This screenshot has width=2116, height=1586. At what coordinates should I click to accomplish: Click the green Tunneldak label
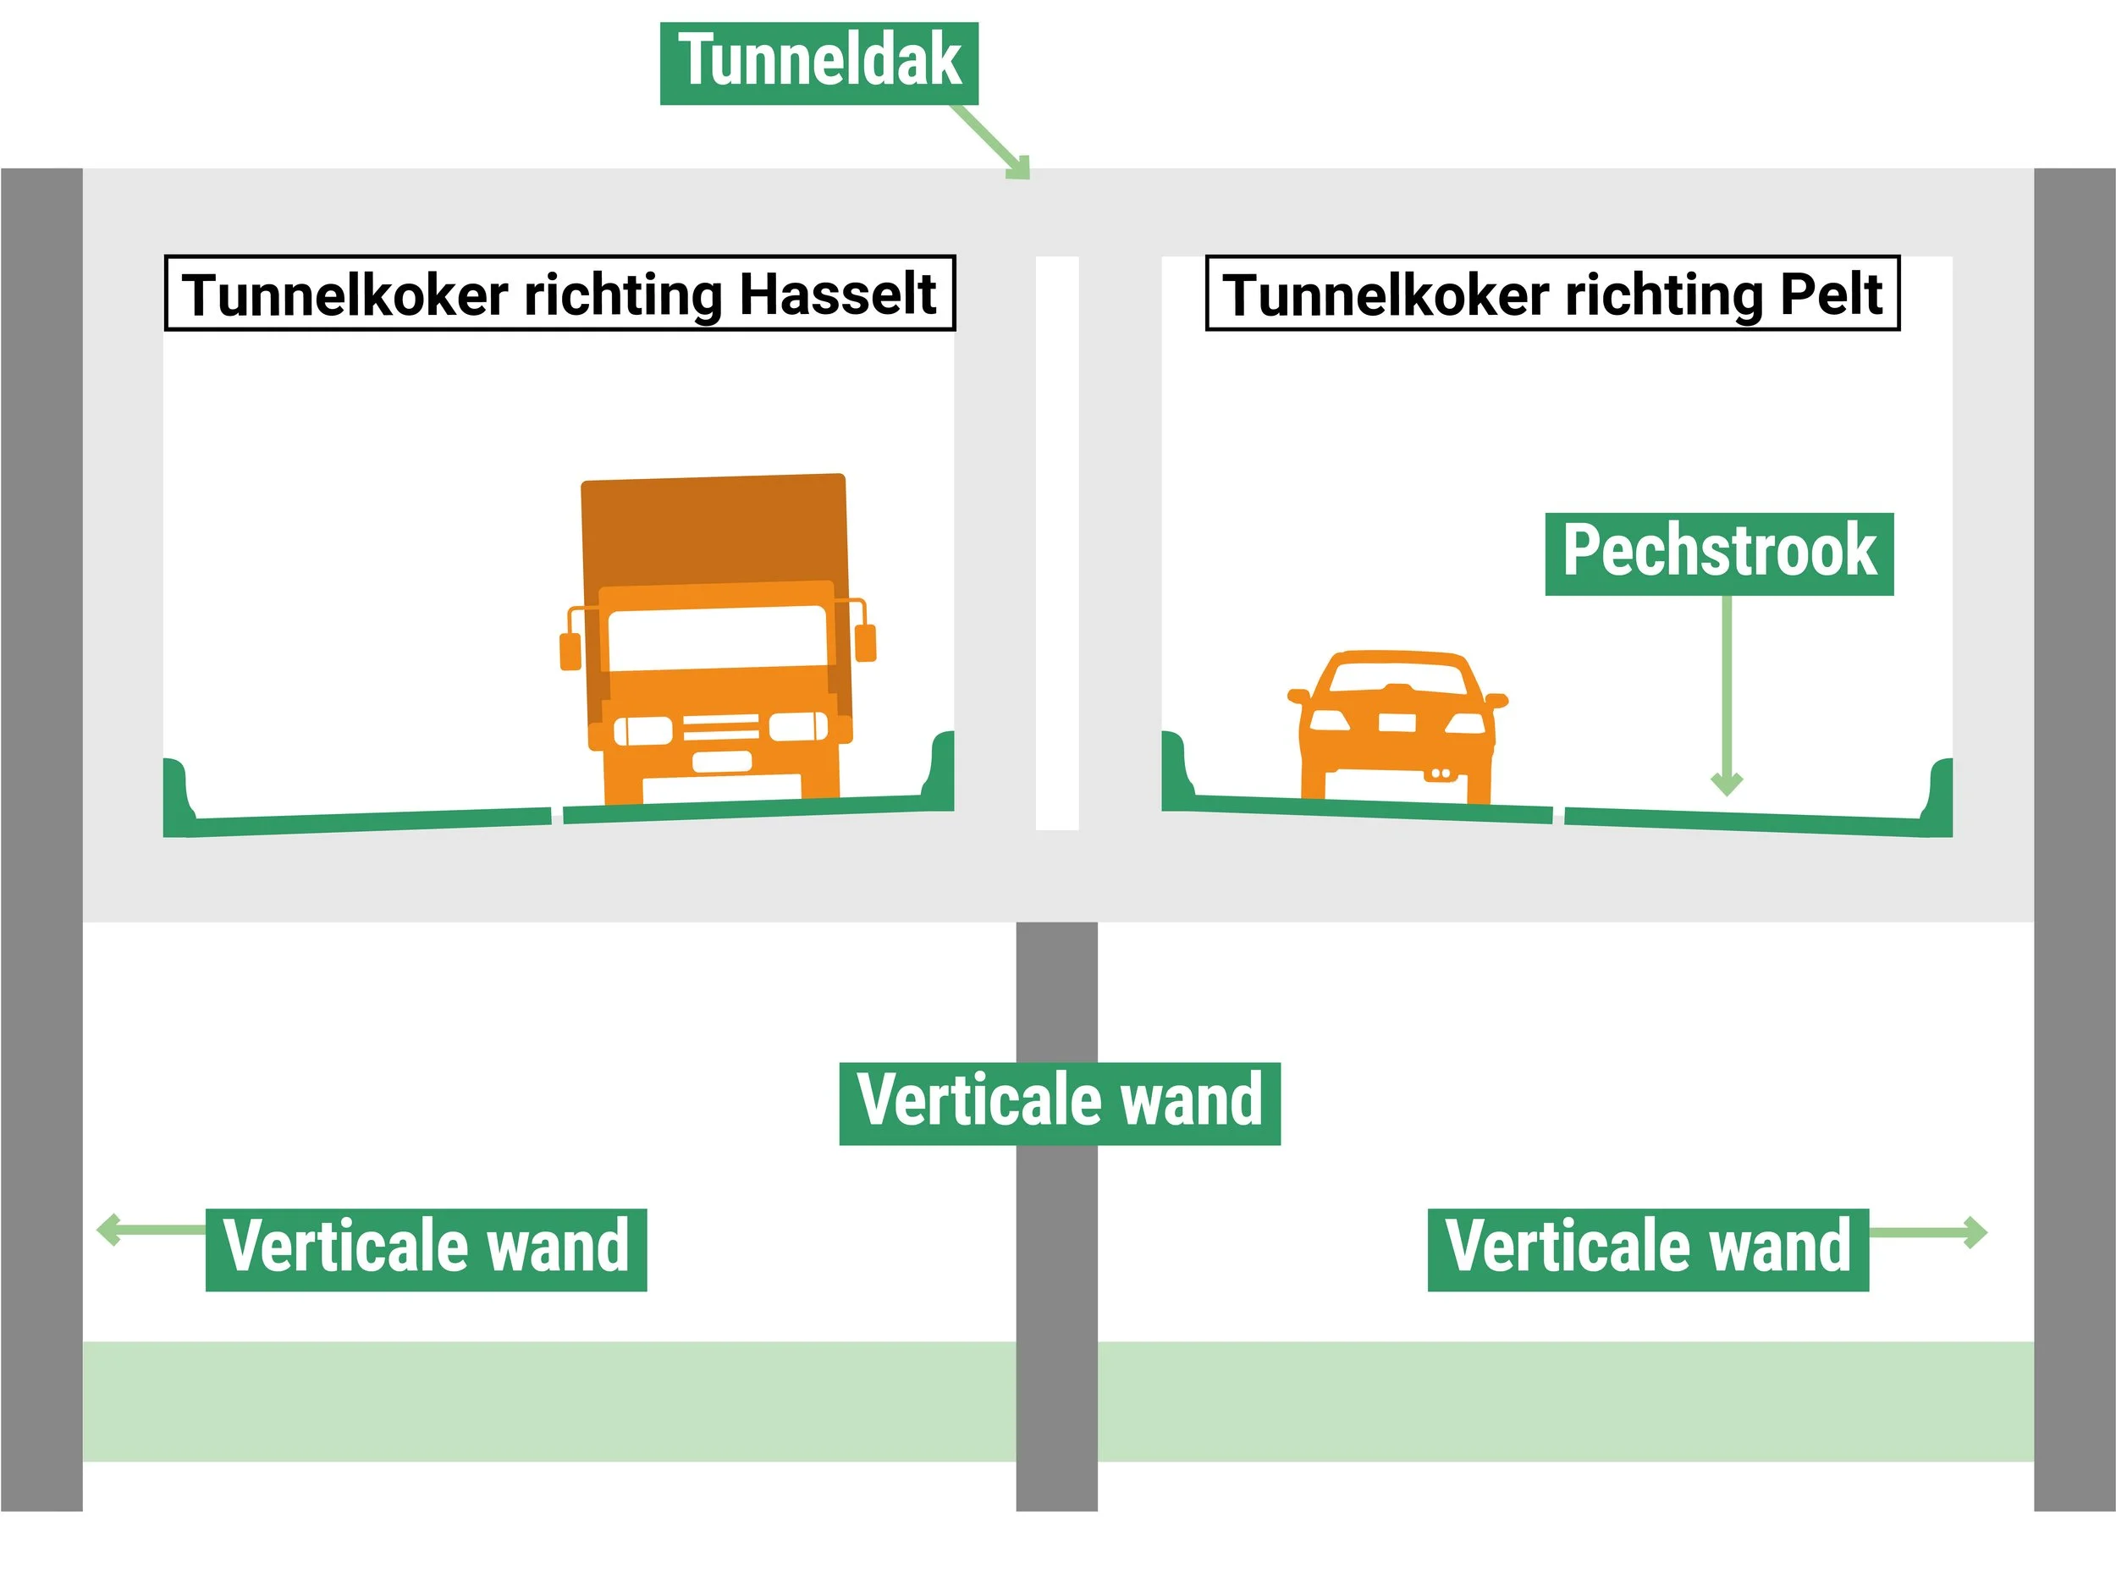tap(818, 62)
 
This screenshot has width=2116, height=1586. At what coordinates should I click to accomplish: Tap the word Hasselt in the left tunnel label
tap(838, 294)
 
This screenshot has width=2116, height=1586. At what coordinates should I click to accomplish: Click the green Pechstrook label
tap(1719, 553)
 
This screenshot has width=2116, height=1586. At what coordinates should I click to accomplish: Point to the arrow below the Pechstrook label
tap(1727, 698)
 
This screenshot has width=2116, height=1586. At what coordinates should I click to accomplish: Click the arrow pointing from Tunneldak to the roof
tap(992, 142)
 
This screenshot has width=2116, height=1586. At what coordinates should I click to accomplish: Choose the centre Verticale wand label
tap(1059, 1102)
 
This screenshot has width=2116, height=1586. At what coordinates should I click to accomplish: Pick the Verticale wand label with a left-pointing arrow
tap(426, 1248)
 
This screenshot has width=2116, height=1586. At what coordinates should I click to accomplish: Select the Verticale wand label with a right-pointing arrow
tap(1647, 1248)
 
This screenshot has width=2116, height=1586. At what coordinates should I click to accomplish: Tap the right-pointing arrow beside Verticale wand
tap(1928, 1232)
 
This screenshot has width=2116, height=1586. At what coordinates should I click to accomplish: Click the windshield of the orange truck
tap(717, 638)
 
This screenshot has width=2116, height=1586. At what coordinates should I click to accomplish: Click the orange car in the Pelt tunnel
tap(1397, 727)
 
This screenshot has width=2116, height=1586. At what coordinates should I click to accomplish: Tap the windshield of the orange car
tap(1397, 678)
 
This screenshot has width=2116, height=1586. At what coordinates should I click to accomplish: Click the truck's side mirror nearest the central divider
tap(866, 642)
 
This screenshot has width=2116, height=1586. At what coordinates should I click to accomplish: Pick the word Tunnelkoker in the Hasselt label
tap(344, 294)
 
